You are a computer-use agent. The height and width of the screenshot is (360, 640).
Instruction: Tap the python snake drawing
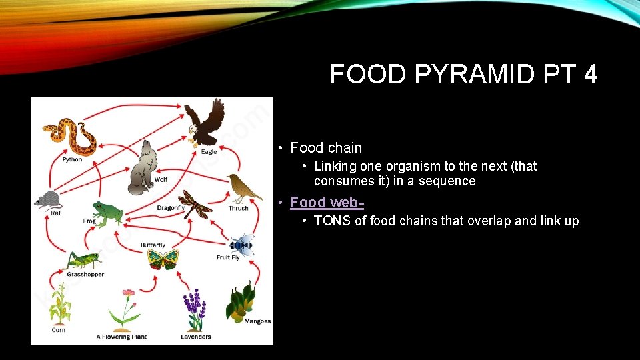[69, 136]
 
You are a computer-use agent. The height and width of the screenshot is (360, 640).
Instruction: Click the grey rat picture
[47, 199]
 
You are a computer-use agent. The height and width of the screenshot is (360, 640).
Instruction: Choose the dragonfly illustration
[195, 204]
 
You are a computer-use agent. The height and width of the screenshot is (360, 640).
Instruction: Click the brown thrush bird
[243, 188]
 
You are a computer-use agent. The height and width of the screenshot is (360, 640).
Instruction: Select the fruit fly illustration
[241, 245]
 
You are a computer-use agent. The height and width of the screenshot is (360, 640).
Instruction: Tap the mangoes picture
[240, 303]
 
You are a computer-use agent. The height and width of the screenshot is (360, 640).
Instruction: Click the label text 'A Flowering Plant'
[121, 337]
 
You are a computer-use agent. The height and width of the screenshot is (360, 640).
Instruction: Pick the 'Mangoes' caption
[258, 321]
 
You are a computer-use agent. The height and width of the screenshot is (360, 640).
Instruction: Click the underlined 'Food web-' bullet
[327, 202]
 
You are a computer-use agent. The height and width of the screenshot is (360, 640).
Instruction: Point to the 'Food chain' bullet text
[326, 148]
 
